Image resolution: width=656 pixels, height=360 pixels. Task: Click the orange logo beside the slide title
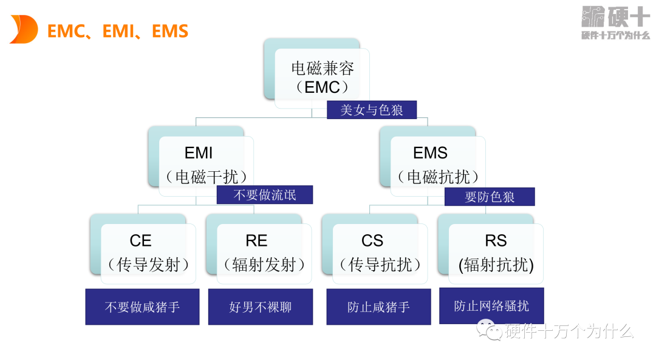click(24, 30)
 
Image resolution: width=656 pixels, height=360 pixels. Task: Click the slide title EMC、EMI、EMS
click(118, 31)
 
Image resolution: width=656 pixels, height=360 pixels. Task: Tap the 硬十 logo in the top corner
click(615, 16)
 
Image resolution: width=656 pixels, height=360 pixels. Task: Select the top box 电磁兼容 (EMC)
click(322, 77)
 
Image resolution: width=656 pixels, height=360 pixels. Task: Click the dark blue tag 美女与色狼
click(372, 110)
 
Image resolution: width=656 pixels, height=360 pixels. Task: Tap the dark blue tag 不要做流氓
click(265, 195)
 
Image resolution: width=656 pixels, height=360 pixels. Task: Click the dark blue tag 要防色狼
click(490, 197)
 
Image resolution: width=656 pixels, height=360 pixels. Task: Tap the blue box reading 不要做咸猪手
click(142, 307)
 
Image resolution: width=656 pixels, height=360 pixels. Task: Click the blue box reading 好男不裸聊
click(261, 307)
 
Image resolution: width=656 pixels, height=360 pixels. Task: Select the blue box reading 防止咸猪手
click(378, 307)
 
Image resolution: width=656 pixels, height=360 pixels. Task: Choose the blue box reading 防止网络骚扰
click(491, 306)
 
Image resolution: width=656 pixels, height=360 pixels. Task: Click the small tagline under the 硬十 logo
click(615, 36)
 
